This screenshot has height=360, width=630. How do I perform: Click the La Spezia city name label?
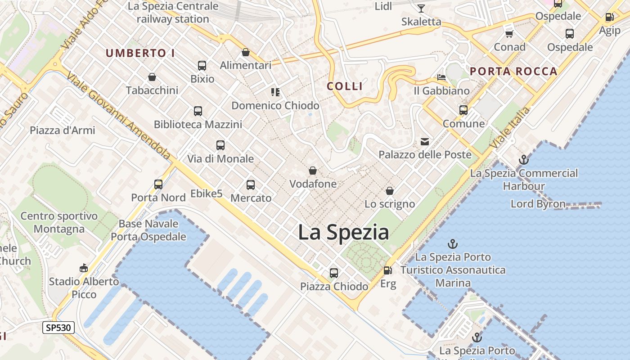343,232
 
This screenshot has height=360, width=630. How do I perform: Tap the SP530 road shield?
58,328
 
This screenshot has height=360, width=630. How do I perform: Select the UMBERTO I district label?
140,53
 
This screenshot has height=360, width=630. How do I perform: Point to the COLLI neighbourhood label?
345,86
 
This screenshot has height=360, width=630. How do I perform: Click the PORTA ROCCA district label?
513,71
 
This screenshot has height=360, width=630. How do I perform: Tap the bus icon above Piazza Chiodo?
333,273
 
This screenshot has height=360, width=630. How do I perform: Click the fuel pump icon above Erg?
387,270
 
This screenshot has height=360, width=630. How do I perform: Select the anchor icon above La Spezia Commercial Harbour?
523,159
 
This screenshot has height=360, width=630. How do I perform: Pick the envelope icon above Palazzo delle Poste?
424,142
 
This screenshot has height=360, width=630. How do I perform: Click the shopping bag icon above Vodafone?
312,171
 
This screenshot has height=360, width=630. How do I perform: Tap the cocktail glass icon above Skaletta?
421,8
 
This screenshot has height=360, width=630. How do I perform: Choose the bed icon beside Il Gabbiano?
441,77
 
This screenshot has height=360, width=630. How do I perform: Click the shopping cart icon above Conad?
509,34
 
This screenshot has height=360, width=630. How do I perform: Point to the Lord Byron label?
538,204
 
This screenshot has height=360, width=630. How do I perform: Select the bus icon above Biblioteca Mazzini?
198,111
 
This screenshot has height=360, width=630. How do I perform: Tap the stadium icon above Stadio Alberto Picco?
83,268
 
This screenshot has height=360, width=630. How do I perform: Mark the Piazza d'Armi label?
63,130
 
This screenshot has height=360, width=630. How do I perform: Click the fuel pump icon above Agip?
609,17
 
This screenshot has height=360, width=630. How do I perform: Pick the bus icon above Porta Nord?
158,184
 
